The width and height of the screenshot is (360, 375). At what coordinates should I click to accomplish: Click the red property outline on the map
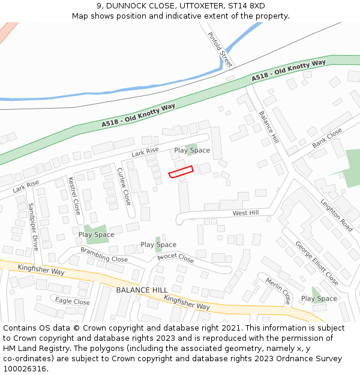click(181, 172)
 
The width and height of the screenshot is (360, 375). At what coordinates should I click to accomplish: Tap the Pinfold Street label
click(219, 49)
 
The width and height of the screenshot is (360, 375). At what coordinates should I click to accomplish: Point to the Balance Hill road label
click(269, 127)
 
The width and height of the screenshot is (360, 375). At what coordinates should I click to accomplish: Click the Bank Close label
click(327, 138)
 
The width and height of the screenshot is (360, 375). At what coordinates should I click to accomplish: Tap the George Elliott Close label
click(317, 263)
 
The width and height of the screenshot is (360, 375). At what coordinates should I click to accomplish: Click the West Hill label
click(245, 213)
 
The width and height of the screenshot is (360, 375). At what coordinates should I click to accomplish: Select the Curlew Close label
click(124, 185)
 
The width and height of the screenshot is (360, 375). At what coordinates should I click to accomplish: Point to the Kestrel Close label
click(74, 196)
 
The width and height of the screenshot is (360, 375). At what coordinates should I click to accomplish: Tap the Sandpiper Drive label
click(33, 226)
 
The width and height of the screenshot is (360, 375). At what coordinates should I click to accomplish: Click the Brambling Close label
click(104, 254)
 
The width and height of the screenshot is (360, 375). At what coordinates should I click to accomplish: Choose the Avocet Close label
click(176, 259)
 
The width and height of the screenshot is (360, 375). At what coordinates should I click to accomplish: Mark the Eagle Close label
click(72, 301)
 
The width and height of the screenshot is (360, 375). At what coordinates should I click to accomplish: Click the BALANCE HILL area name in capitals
click(142, 290)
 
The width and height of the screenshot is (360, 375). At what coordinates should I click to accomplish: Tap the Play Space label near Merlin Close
click(319, 298)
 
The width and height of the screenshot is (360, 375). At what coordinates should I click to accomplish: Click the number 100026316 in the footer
click(25, 368)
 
